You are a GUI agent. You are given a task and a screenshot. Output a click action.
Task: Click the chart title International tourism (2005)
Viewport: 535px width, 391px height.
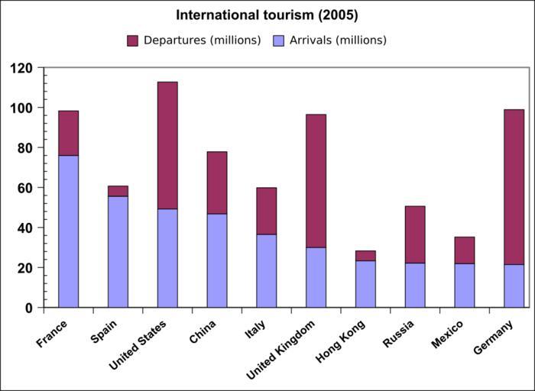tap(267, 15)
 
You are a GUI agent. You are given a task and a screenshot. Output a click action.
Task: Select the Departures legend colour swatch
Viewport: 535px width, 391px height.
tap(132, 40)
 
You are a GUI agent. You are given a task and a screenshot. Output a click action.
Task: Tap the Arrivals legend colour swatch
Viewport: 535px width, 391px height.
tap(279, 40)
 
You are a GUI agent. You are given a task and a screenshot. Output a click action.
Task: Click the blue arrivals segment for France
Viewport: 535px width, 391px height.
tap(68, 231)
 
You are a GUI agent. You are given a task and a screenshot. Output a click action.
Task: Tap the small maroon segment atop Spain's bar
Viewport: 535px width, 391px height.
tap(118, 191)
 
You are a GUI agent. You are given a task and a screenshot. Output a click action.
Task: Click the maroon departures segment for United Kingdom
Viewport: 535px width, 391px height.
tap(316, 180)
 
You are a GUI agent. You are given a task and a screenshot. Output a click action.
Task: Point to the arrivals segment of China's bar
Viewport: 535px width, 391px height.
tap(217, 260)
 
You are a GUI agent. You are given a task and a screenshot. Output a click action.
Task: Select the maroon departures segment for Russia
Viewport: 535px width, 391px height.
tap(415, 234)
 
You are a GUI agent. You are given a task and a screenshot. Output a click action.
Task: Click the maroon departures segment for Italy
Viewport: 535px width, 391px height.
tap(266, 211)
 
